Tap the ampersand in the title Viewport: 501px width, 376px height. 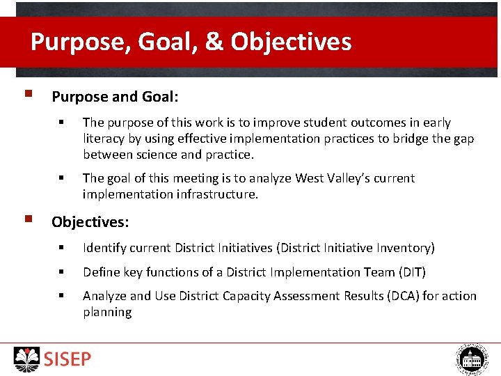(x=214, y=42)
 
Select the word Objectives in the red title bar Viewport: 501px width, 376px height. (x=291, y=42)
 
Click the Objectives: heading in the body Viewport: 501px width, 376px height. (x=90, y=222)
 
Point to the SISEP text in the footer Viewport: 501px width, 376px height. (x=67, y=359)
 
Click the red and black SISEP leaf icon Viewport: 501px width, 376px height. (x=27, y=359)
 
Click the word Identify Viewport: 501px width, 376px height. (x=104, y=248)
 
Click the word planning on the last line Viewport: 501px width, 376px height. (x=107, y=312)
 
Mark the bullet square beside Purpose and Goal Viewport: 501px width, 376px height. (x=26, y=93)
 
